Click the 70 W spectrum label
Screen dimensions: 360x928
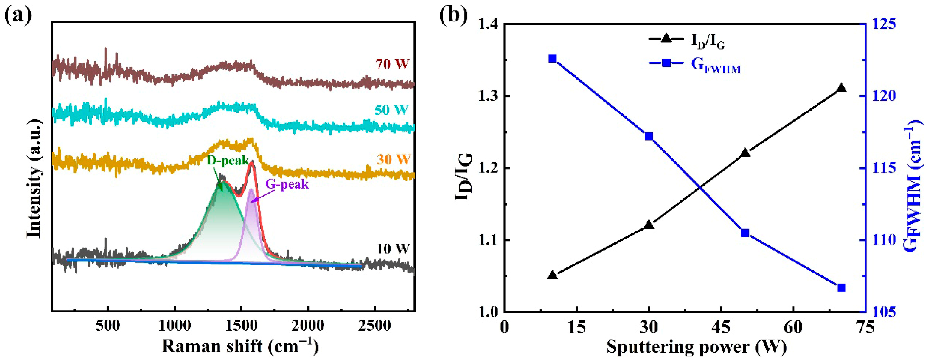pyautogui.click(x=392, y=64)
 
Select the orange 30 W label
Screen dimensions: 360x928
pyautogui.click(x=393, y=159)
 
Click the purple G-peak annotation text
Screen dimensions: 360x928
pyautogui.click(x=287, y=184)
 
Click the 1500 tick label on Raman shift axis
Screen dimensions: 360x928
pyautogui.click(x=241, y=326)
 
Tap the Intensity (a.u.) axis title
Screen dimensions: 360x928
pyautogui.click(x=34, y=179)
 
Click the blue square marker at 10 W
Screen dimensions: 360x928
pyautogui.click(x=552, y=59)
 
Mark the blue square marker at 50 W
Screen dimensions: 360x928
pyautogui.click(x=745, y=233)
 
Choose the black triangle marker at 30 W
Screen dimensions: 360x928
pyautogui.click(x=649, y=225)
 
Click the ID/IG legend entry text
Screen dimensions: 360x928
pyautogui.click(x=708, y=41)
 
